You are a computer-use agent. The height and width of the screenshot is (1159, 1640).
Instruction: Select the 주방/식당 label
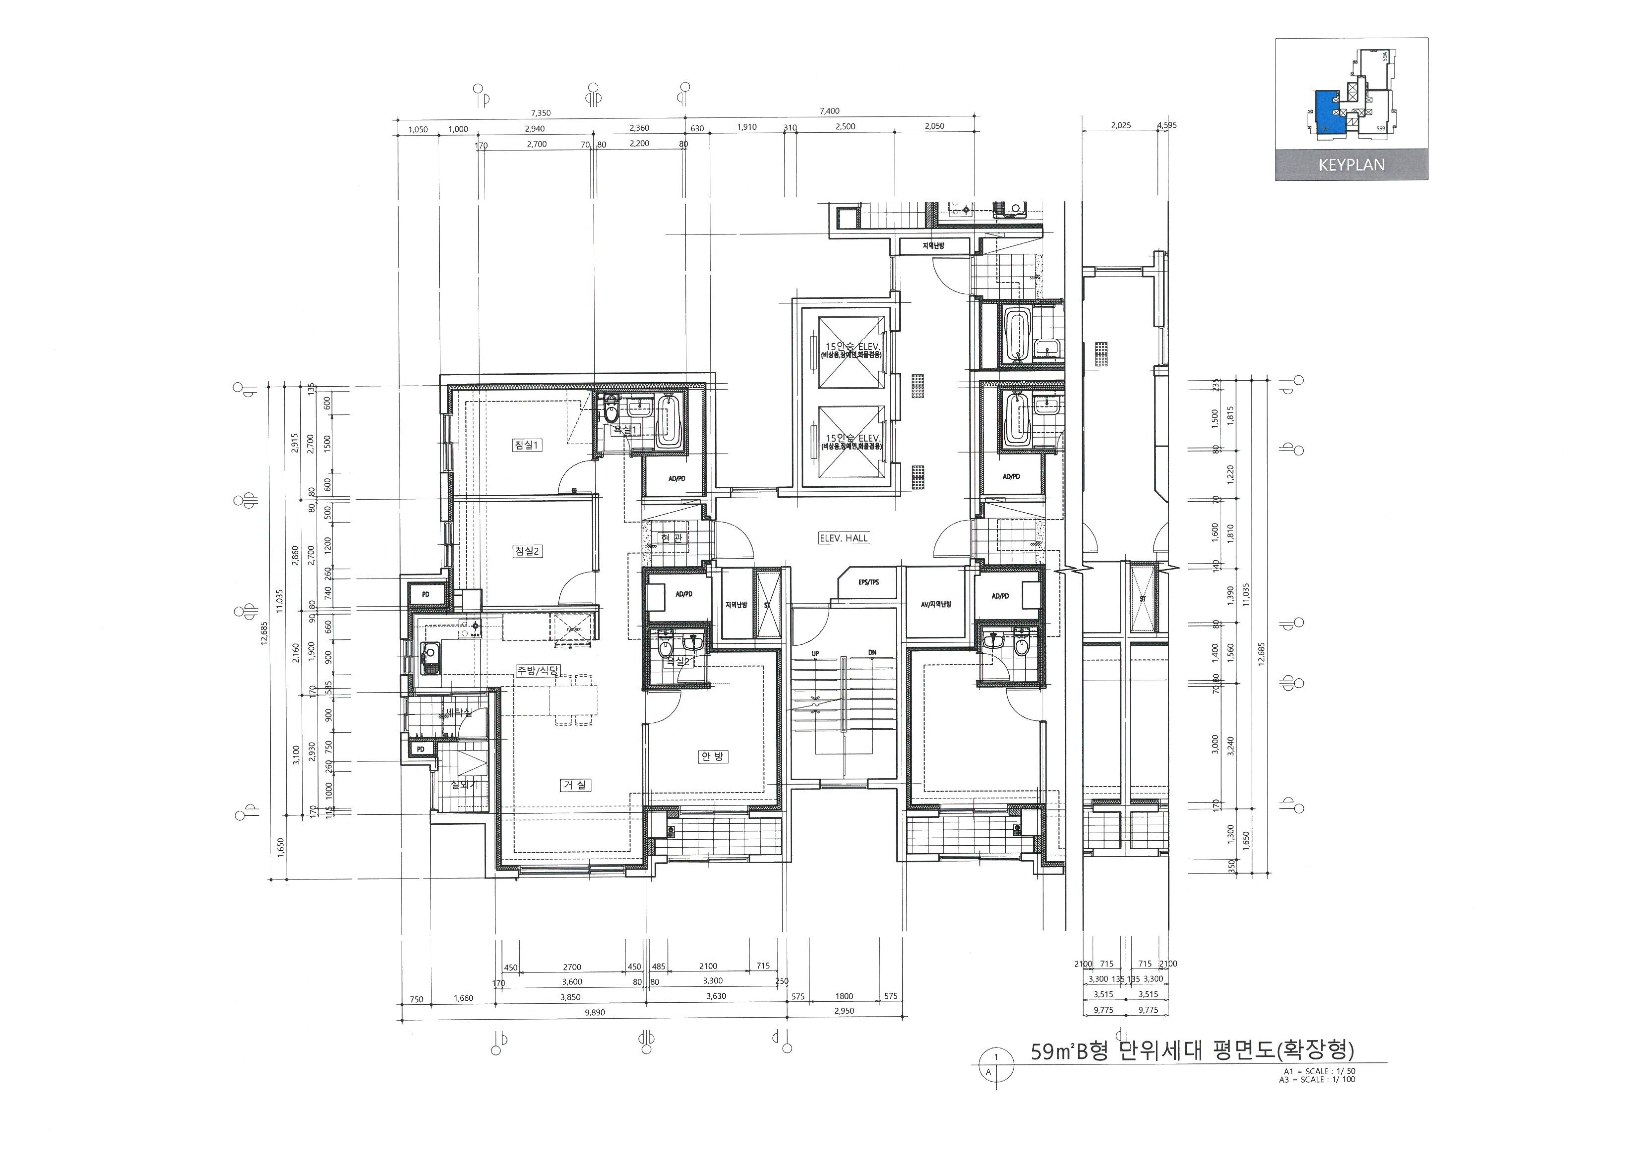click(539, 670)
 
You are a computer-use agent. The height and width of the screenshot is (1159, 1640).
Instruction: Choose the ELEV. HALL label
click(844, 538)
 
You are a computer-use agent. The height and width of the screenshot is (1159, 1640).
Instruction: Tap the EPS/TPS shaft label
click(869, 582)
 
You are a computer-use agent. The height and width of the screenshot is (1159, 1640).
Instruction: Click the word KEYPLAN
click(1352, 165)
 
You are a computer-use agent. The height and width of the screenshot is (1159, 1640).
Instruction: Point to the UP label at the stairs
click(815, 653)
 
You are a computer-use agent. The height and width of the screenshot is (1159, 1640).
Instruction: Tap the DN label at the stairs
click(872, 653)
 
